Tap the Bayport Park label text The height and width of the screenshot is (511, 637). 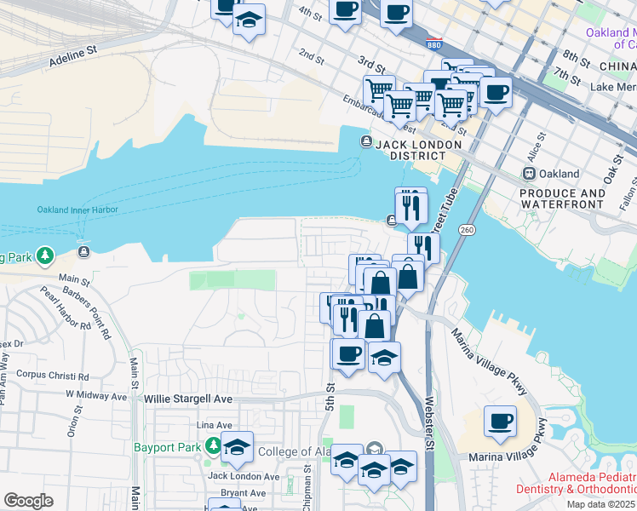click(x=167, y=447)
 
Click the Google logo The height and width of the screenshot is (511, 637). click(x=28, y=501)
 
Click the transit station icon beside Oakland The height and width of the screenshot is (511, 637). click(x=528, y=173)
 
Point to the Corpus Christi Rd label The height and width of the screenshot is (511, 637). click(x=53, y=375)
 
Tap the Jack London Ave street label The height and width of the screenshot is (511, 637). click(x=244, y=476)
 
